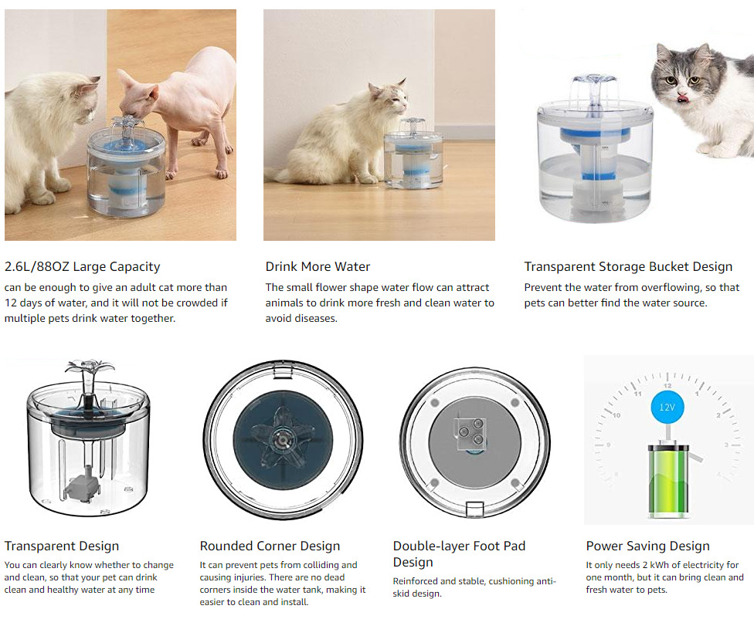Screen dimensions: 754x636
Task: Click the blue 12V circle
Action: (x=667, y=408)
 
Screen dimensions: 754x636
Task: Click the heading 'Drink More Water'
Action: (x=318, y=266)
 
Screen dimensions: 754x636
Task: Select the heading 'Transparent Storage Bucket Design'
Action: (x=629, y=266)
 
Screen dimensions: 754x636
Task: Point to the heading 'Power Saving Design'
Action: (x=647, y=546)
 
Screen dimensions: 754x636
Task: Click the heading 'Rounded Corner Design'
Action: (x=270, y=546)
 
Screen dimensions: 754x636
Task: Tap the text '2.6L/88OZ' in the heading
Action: (x=36, y=266)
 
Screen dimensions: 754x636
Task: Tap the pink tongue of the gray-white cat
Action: (x=681, y=99)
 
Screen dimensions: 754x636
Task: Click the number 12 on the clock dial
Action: (x=667, y=386)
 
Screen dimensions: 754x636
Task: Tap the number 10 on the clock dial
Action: (x=616, y=415)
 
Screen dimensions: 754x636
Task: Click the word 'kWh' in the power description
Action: (x=659, y=565)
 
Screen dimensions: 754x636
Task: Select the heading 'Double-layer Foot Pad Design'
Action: (x=459, y=554)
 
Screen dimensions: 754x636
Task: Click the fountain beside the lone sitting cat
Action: (x=413, y=154)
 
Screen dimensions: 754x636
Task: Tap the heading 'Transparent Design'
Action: (x=62, y=546)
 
